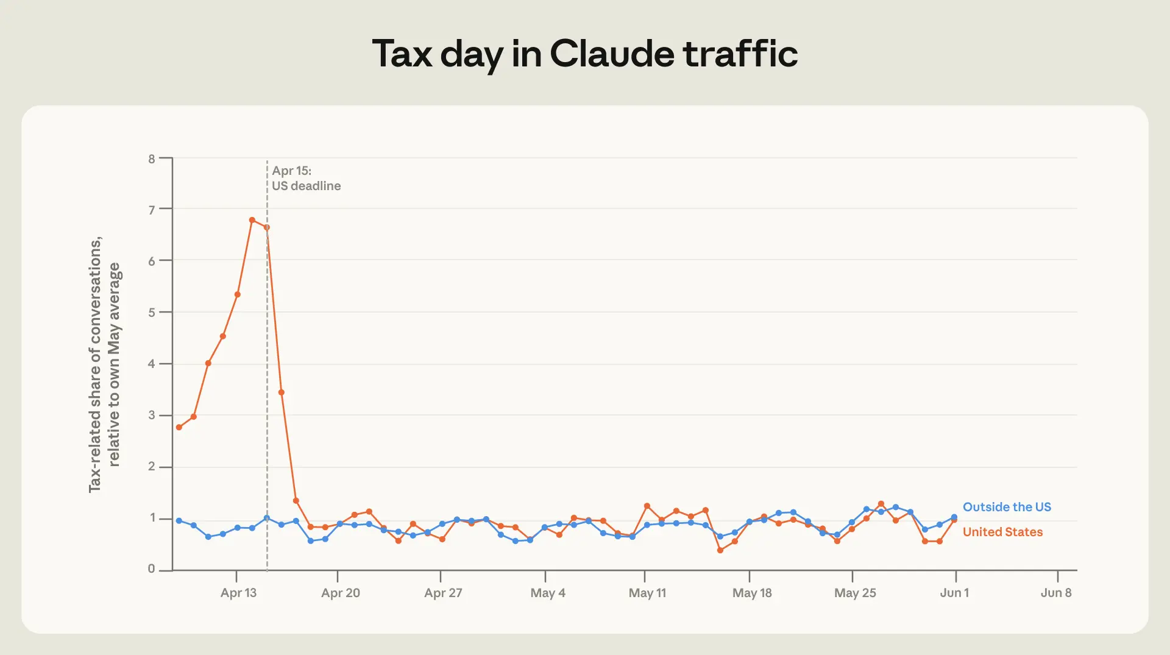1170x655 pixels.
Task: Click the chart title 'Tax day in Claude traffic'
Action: click(584, 54)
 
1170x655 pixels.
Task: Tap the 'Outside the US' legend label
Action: click(1007, 507)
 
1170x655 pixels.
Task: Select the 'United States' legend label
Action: click(1002, 532)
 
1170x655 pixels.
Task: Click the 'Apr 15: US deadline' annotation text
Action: click(306, 179)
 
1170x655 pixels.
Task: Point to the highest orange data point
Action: click(252, 220)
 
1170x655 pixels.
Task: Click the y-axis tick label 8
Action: click(152, 159)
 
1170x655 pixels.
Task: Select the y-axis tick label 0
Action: click(152, 568)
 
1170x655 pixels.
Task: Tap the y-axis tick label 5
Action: click(152, 313)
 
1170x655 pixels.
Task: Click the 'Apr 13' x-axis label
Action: click(238, 593)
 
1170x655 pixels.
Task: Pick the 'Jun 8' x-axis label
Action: click(1056, 593)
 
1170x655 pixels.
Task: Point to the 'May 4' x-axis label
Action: click(548, 593)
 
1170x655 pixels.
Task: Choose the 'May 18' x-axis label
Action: click(752, 593)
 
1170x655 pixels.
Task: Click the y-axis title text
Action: click(105, 364)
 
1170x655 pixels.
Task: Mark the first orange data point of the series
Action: click(179, 427)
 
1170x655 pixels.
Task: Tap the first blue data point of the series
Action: click(179, 521)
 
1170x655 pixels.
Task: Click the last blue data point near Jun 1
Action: click(954, 517)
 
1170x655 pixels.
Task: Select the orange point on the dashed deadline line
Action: click(267, 227)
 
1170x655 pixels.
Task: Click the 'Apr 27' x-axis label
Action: click(443, 593)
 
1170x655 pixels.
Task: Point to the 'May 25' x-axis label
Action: click(855, 593)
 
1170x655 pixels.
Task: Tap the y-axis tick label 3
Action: click(152, 415)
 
